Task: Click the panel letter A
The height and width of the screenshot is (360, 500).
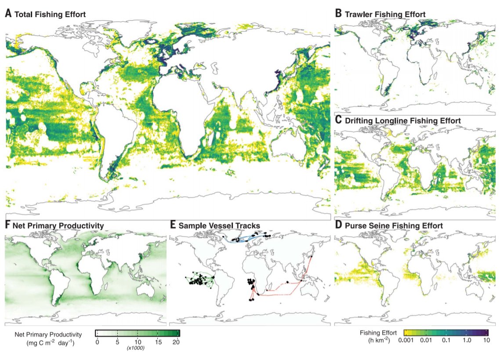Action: point(8,14)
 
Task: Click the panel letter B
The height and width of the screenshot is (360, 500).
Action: point(338,14)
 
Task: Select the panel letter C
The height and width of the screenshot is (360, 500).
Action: point(338,120)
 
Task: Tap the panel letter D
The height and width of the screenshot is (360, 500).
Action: point(338,225)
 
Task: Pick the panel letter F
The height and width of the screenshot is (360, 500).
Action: point(7,225)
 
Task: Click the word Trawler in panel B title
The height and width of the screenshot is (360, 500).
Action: point(359,15)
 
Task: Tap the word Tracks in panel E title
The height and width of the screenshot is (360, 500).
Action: point(248,226)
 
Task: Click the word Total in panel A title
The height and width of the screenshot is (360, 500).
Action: point(24,15)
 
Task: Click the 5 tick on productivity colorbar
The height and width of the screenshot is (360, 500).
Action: point(118,342)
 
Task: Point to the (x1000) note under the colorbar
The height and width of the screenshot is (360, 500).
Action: point(138,348)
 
